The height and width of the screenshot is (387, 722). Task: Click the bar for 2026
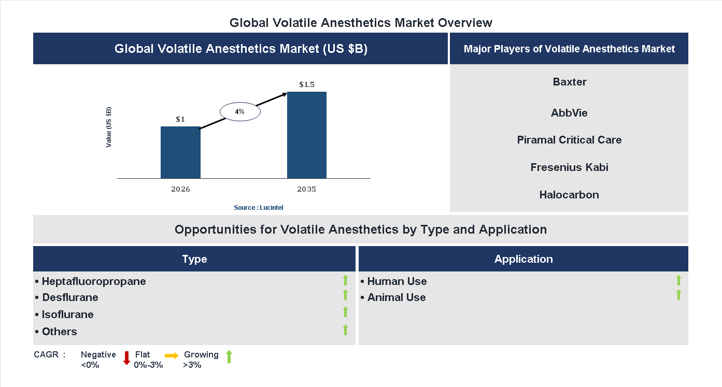click(x=180, y=152)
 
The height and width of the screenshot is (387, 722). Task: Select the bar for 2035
click(x=307, y=135)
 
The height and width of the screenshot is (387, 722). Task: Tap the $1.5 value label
click(x=307, y=84)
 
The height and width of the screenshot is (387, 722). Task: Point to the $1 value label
click(x=180, y=119)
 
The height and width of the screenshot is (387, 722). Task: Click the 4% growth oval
click(x=239, y=111)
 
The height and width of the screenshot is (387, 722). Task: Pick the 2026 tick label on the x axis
click(x=180, y=189)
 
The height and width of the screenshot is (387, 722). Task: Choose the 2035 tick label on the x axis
click(x=307, y=189)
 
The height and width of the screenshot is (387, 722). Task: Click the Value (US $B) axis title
click(x=109, y=127)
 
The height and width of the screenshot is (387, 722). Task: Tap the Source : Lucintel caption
click(x=258, y=207)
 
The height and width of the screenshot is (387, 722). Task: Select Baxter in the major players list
click(x=570, y=82)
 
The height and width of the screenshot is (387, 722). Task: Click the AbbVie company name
click(x=569, y=113)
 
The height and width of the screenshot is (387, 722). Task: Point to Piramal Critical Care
click(x=569, y=140)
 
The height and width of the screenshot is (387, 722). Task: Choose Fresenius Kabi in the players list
click(x=569, y=167)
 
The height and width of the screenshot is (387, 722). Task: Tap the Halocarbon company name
click(x=569, y=195)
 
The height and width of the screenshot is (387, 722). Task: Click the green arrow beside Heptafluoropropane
click(x=345, y=281)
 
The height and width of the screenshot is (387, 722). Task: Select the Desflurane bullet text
click(x=70, y=297)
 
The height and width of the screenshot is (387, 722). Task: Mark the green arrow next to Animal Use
click(x=678, y=295)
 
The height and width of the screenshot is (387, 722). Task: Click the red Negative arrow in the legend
click(x=126, y=358)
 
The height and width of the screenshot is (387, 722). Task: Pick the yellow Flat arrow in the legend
click(x=172, y=355)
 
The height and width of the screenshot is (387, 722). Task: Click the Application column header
click(x=523, y=259)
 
